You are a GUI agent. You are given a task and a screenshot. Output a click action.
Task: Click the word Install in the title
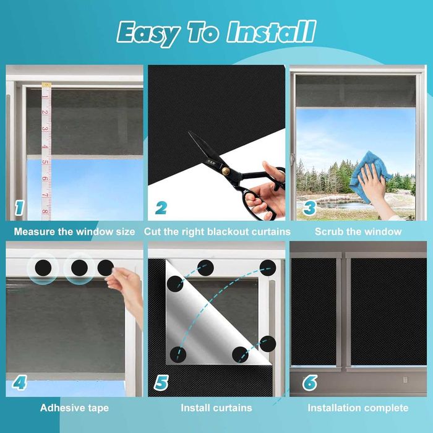271,32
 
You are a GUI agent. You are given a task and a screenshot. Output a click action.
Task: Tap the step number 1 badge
19,208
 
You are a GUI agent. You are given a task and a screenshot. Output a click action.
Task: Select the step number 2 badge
161,208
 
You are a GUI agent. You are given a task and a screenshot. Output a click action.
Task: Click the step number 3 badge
309,208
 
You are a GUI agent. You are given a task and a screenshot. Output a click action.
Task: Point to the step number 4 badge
19,382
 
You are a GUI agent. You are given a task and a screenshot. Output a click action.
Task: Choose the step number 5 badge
161,383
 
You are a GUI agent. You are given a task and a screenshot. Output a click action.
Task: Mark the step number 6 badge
309,383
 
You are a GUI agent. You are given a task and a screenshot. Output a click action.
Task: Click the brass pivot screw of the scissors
226,171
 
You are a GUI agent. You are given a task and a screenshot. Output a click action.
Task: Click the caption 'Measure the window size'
74,231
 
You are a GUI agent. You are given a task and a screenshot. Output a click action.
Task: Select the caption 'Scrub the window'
358,231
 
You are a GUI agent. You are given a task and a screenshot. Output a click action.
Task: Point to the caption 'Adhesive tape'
74,408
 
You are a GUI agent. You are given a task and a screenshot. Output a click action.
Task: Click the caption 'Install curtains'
216,408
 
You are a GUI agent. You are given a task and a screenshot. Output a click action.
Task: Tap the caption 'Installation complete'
358,408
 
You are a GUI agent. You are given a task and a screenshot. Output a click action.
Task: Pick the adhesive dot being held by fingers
106,268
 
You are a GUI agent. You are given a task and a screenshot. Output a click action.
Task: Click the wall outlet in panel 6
405,380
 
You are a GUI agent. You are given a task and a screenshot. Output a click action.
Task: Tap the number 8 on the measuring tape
45,212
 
